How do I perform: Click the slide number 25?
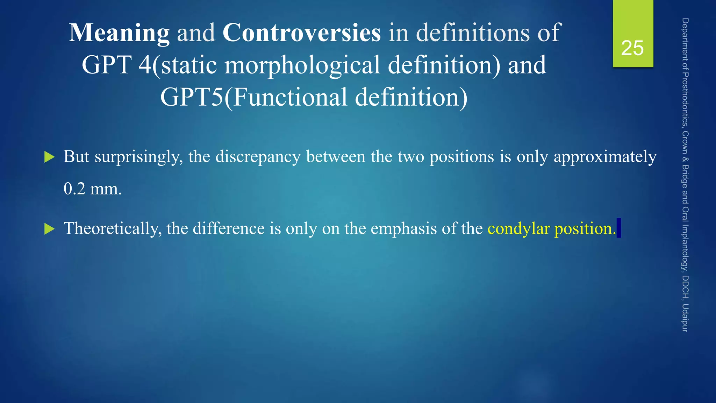pos(632,48)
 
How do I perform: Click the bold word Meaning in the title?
pos(119,33)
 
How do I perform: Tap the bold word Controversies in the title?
pos(301,33)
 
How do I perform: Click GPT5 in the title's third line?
pos(192,97)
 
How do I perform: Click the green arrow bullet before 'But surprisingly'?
pos(50,157)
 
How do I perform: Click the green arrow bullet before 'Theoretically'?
pos(50,229)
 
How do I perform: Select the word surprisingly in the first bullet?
pos(139,157)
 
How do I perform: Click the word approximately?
pos(605,157)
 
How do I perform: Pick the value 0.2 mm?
pos(93,189)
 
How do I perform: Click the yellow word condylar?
pos(519,229)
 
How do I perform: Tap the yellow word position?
pos(585,229)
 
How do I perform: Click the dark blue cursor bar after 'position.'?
pos(619,228)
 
